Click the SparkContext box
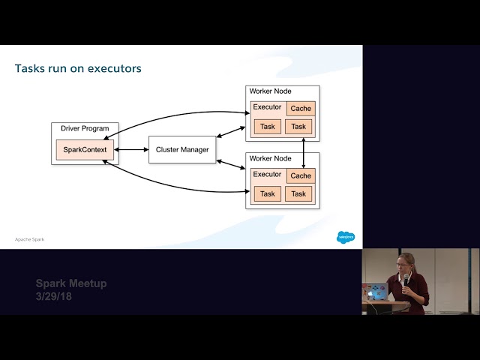[85, 149]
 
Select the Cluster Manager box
[182, 149]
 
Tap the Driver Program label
[85, 128]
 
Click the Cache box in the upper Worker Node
[301, 109]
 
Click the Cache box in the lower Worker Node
[301, 176]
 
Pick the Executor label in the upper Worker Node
[267, 107]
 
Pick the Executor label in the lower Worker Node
[267, 175]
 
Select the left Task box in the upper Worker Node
[267, 126]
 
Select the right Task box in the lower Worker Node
[299, 193]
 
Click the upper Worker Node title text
[271, 91]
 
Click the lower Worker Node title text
[271, 158]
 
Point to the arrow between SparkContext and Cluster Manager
[130, 149]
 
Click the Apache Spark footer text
[29, 239]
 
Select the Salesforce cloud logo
[346, 237]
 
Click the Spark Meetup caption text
[71, 283]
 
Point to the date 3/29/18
[54, 297]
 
